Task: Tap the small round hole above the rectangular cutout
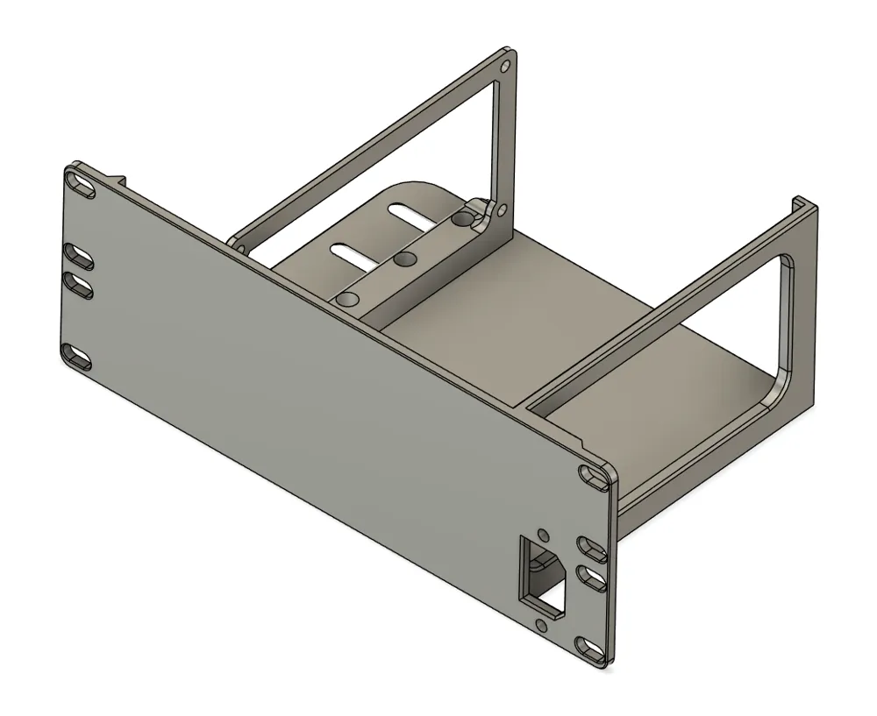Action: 542,533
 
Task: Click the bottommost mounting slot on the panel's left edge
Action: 77,356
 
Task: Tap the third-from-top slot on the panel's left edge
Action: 79,285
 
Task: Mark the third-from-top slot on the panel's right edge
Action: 592,575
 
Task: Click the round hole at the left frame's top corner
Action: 504,67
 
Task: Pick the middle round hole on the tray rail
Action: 404,259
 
